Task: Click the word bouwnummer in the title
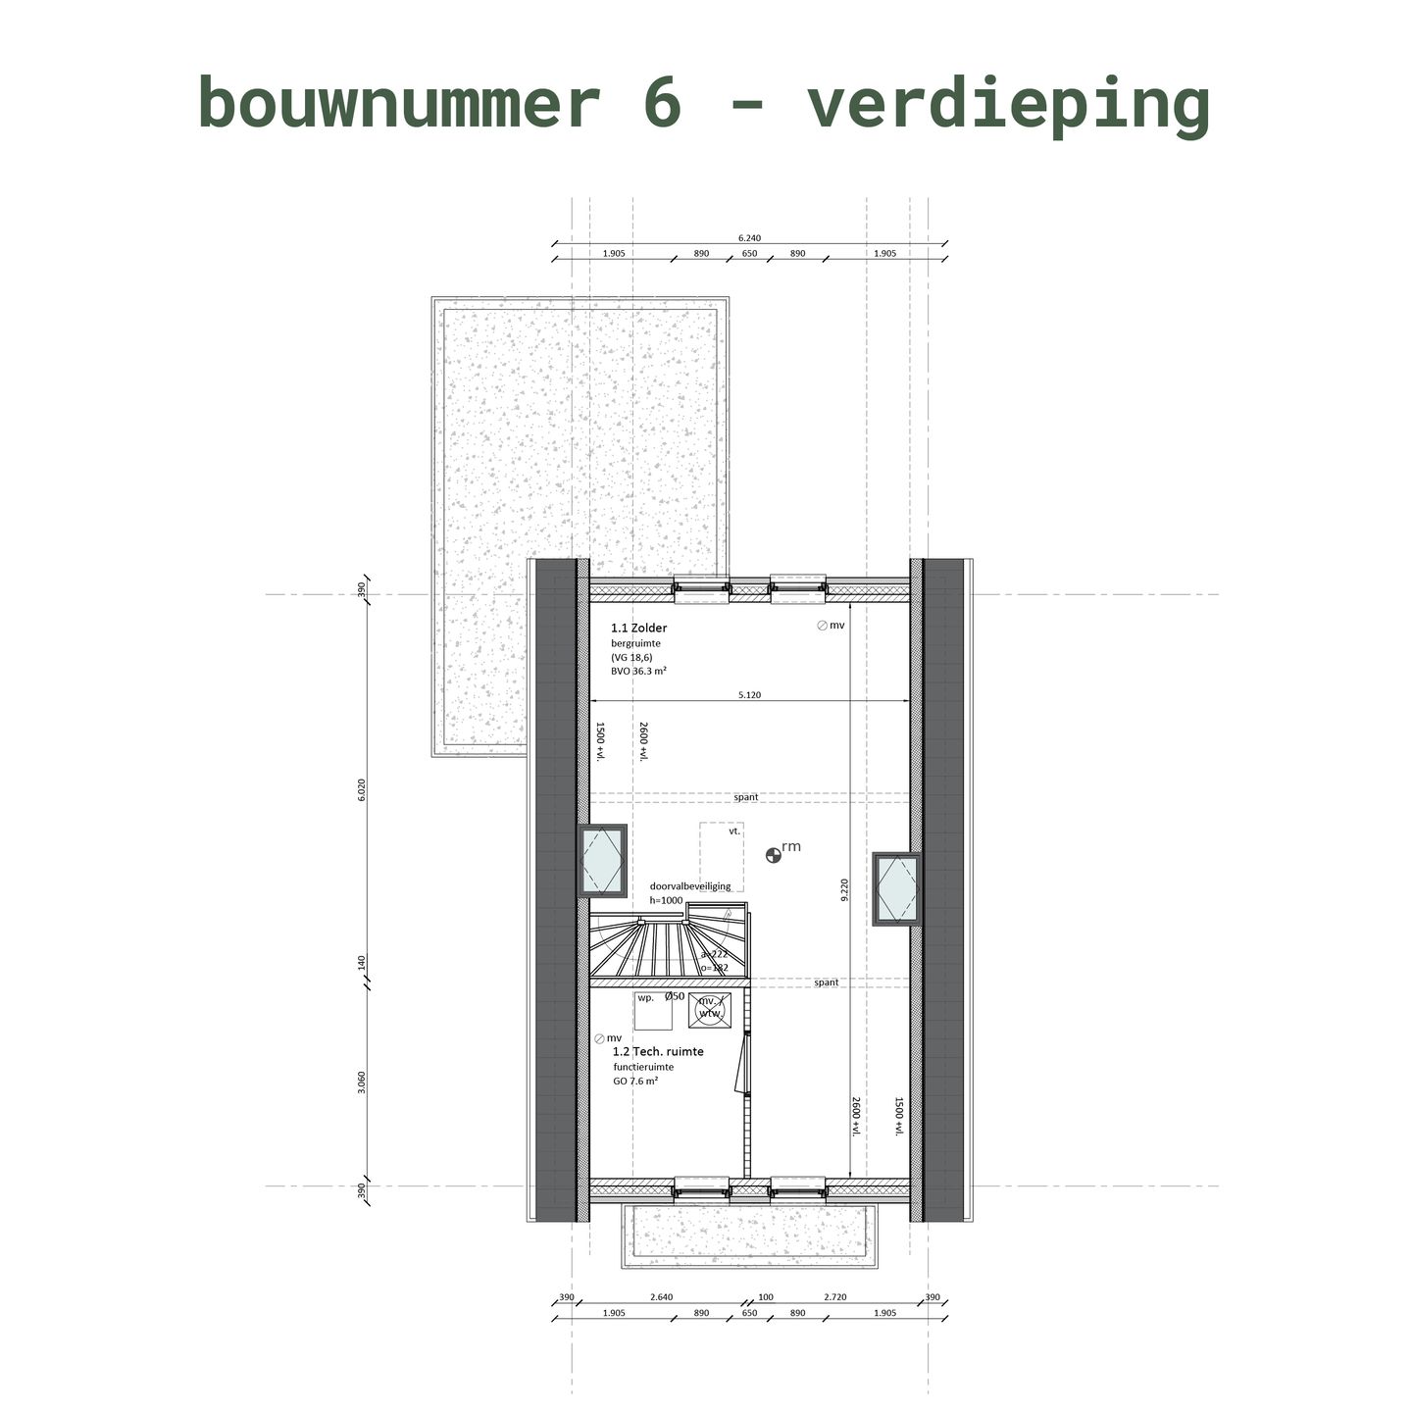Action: pos(398,103)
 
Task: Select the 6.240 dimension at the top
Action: pos(749,237)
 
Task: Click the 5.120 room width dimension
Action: pos(749,695)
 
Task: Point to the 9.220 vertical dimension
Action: pos(843,889)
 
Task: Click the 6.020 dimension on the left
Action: pos(362,790)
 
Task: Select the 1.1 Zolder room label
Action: pos(638,628)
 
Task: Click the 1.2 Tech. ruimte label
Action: pos(658,1051)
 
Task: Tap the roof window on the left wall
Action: pos(603,861)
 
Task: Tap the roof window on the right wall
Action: pos(896,889)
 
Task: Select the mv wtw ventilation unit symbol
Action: pos(709,1009)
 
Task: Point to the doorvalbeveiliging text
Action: pos(690,886)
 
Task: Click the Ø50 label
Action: pos(675,996)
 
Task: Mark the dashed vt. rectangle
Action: pos(721,856)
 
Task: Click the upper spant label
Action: pos(745,797)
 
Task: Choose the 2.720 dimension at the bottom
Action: pos(834,1297)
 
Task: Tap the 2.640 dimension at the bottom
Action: pos(661,1297)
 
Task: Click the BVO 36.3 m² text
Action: pos(638,672)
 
